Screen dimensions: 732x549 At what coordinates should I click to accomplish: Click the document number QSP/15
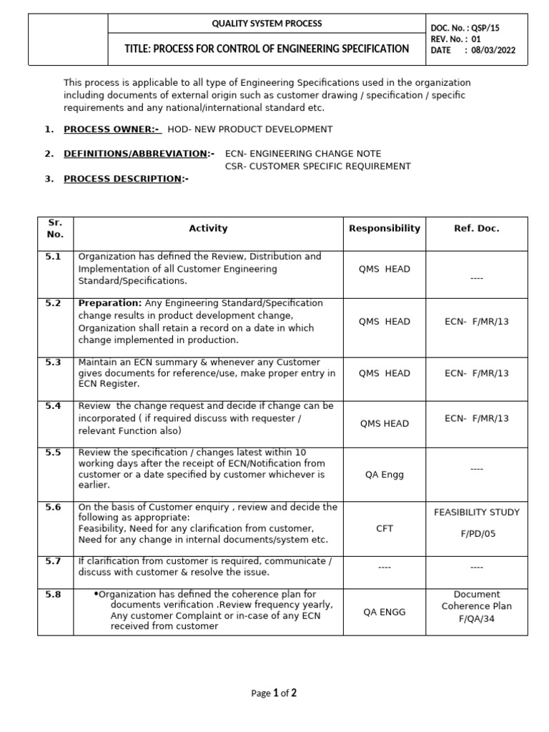[x=485, y=28]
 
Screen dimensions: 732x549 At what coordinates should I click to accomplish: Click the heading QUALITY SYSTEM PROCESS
[x=267, y=24]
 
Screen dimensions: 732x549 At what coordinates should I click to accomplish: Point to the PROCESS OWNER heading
[x=112, y=129]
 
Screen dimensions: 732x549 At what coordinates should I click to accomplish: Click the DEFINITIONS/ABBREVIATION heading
[x=138, y=154]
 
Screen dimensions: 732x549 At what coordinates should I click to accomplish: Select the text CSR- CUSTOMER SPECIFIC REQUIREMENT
[x=317, y=166]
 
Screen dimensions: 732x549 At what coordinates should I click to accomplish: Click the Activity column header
[x=208, y=229]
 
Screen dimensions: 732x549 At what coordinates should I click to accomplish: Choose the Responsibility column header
[x=385, y=229]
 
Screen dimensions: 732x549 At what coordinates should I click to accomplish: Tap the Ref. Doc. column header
[x=477, y=229]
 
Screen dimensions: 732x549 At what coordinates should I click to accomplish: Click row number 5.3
[x=54, y=362]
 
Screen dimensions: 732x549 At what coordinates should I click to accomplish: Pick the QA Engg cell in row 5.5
[x=385, y=473]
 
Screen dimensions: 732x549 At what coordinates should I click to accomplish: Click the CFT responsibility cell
[x=385, y=528]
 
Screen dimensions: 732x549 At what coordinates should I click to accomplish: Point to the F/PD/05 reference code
[x=477, y=533]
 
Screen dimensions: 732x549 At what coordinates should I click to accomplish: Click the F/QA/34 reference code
[x=477, y=618]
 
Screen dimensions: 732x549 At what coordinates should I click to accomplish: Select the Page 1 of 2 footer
[x=274, y=693]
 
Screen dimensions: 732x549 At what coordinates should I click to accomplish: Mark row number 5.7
[x=54, y=561]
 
